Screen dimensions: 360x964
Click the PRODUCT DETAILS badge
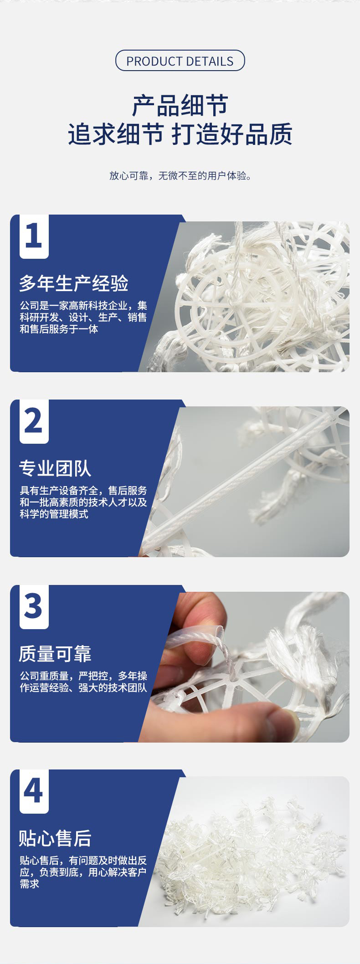point(180,61)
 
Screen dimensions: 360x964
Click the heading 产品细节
point(180,106)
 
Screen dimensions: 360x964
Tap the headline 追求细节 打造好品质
point(180,134)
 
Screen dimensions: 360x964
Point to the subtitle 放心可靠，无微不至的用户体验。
point(180,176)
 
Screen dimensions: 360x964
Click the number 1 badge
point(34,236)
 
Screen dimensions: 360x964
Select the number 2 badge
point(34,421)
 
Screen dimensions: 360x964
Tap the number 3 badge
point(34,607)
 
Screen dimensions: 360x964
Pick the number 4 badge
point(34,791)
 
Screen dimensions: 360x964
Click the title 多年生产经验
point(73,283)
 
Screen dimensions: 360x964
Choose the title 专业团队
point(55,468)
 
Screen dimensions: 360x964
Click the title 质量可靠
point(55,654)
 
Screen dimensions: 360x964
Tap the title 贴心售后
point(55,838)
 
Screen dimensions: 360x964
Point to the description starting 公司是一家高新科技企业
point(83,317)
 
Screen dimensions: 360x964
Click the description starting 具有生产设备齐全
point(83,502)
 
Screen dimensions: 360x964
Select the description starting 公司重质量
point(83,682)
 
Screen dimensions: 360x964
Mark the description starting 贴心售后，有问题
point(83,872)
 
